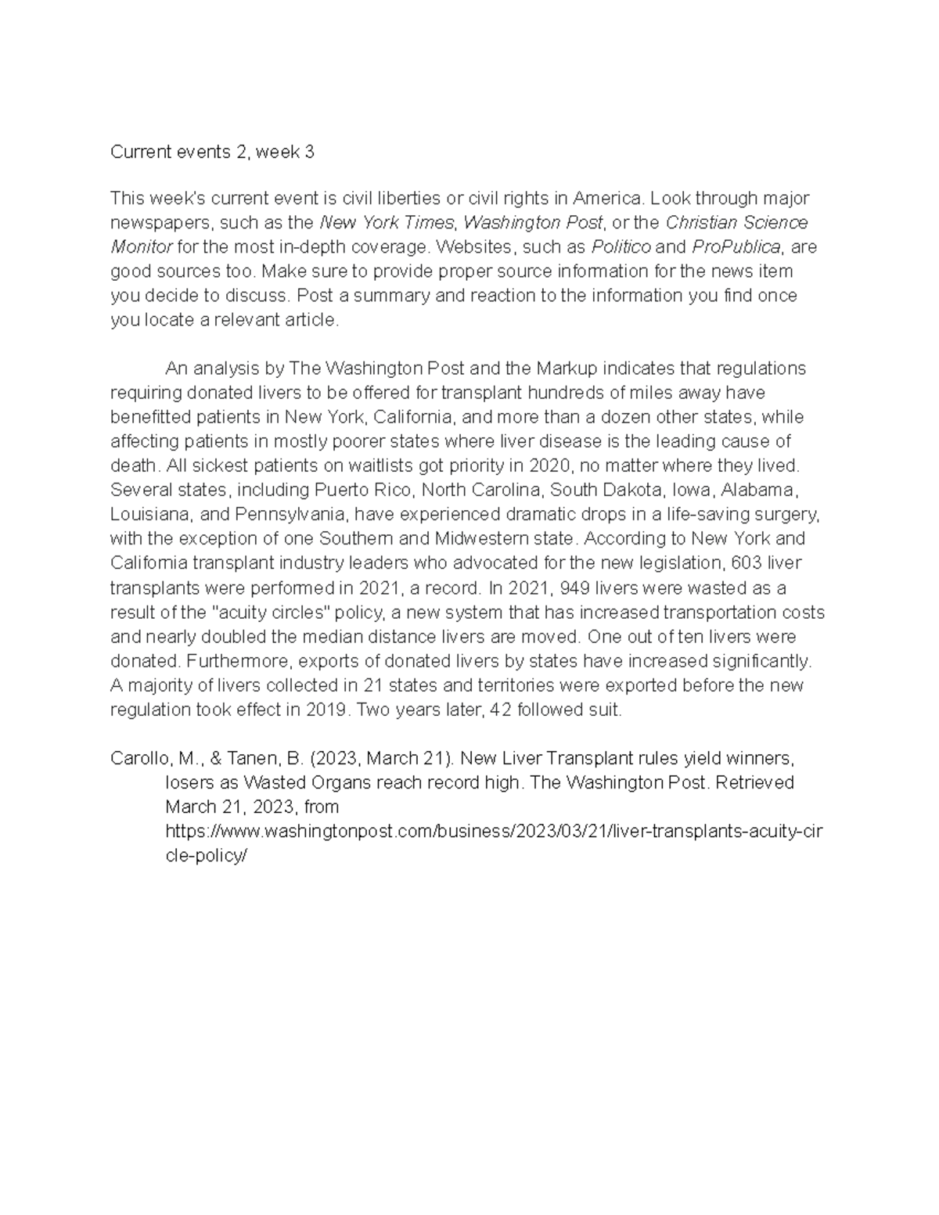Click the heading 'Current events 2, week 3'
tap(212, 152)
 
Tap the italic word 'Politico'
tap(621, 247)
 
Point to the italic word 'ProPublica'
tap(736, 247)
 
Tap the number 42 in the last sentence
tap(499, 710)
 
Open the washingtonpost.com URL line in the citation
tap(493, 832)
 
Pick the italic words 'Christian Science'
tap(736, 223)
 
